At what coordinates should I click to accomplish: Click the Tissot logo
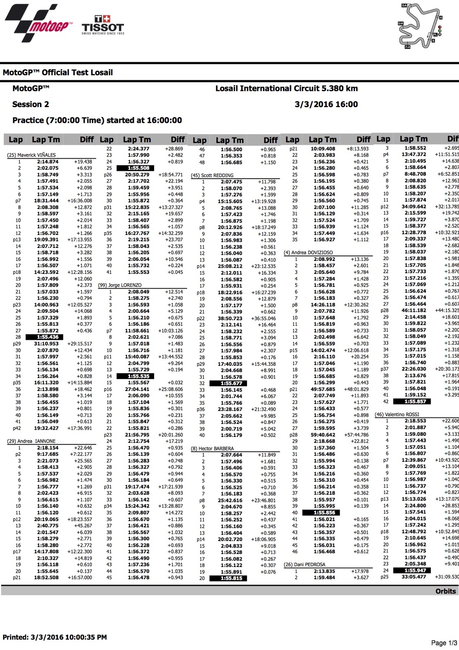(103, 25)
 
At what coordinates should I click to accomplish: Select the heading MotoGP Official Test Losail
(58, 73)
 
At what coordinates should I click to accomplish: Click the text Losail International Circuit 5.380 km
(286, 89)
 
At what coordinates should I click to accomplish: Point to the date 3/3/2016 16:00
(326, 104)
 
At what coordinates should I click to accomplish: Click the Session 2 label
(31, 104)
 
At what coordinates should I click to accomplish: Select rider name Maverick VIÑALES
(31, 155)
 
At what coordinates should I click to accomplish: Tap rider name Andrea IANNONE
(31, 441)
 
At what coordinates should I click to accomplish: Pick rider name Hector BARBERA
(212, 448)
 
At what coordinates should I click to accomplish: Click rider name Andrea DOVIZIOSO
(308, 253)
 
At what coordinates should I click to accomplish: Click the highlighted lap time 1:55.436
(49, 337)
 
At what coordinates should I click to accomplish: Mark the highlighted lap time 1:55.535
(138, 376)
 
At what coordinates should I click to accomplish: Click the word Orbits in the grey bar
(446, 591)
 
